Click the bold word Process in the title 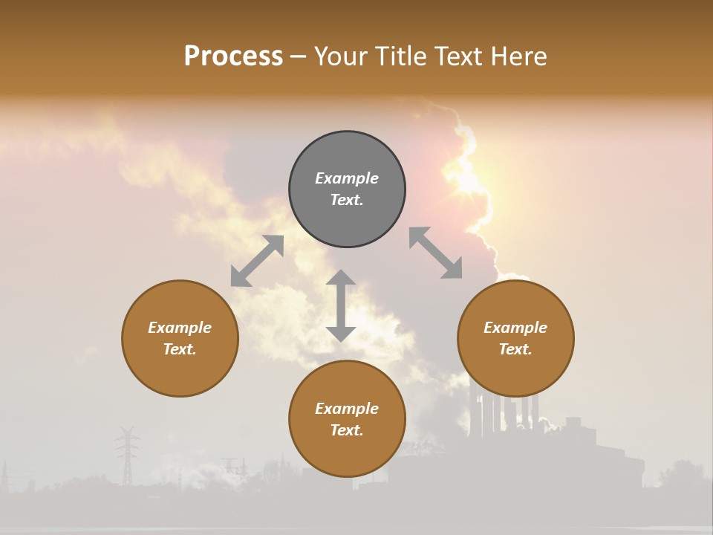pos(233,56)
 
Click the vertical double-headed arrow pos(341,305)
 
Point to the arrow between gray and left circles pos(257,261)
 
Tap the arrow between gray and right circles pos(435,253)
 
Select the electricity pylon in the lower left pos(127,454)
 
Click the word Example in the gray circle pos(347,178)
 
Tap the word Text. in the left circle pos(180,349)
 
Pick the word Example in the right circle pos(515,328)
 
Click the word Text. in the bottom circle pos(347,430)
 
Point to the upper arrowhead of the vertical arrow pos(341,278)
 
